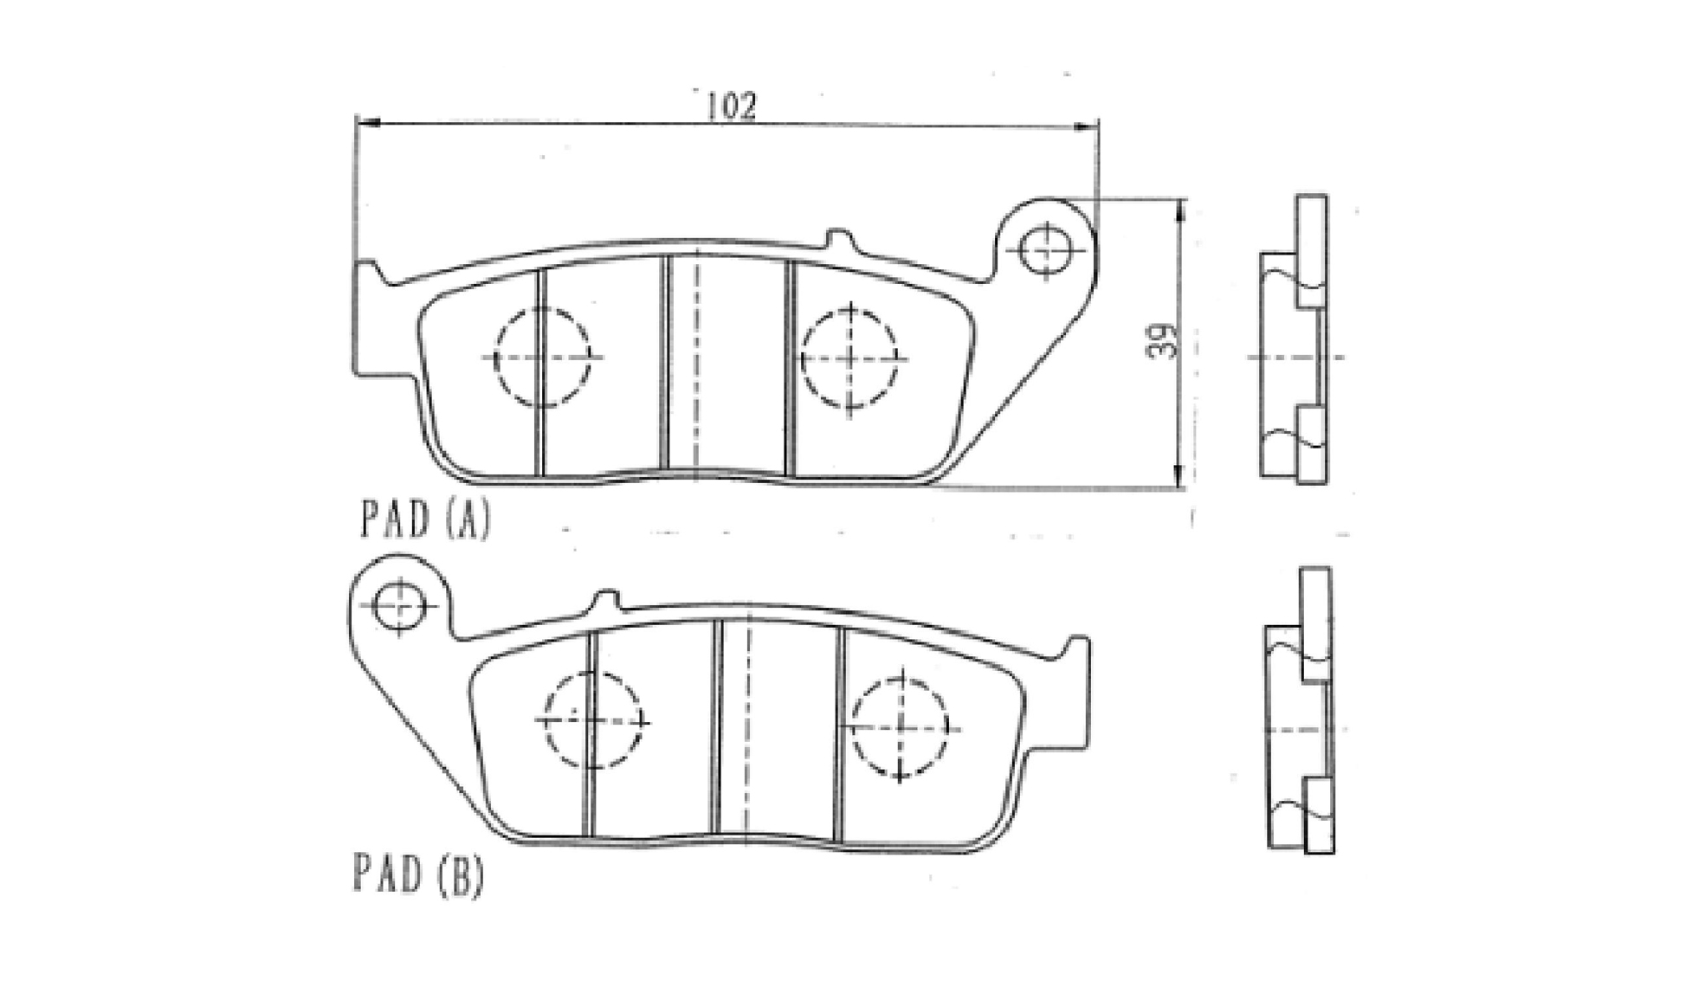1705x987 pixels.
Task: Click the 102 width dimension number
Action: [x=732, y=106]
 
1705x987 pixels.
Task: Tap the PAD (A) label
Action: [x=425, y=519]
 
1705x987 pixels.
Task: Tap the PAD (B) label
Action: [x=418, y=874]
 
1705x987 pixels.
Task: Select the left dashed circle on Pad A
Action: [x=542, y=357]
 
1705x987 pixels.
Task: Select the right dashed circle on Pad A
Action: [x=849, y=358]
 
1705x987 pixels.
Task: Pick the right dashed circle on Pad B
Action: [x=901, y=726]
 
